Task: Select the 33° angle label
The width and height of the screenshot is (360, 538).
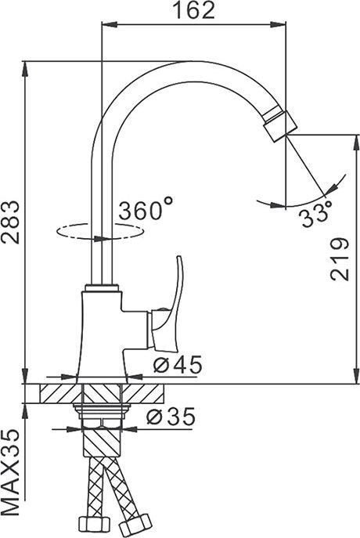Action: [315, 212]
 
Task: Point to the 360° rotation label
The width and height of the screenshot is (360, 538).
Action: [146, 210]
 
